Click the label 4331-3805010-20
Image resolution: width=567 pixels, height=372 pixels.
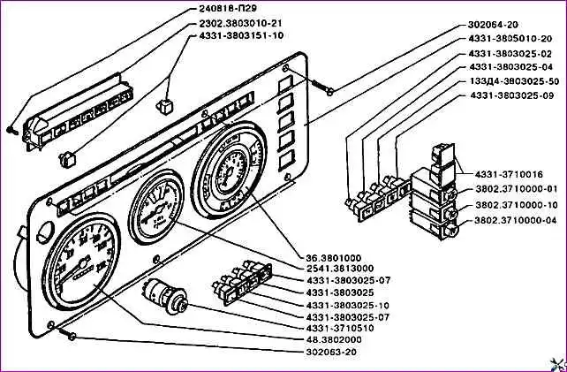click(511, 39)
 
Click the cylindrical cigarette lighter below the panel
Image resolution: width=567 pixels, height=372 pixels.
click(167, 296)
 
